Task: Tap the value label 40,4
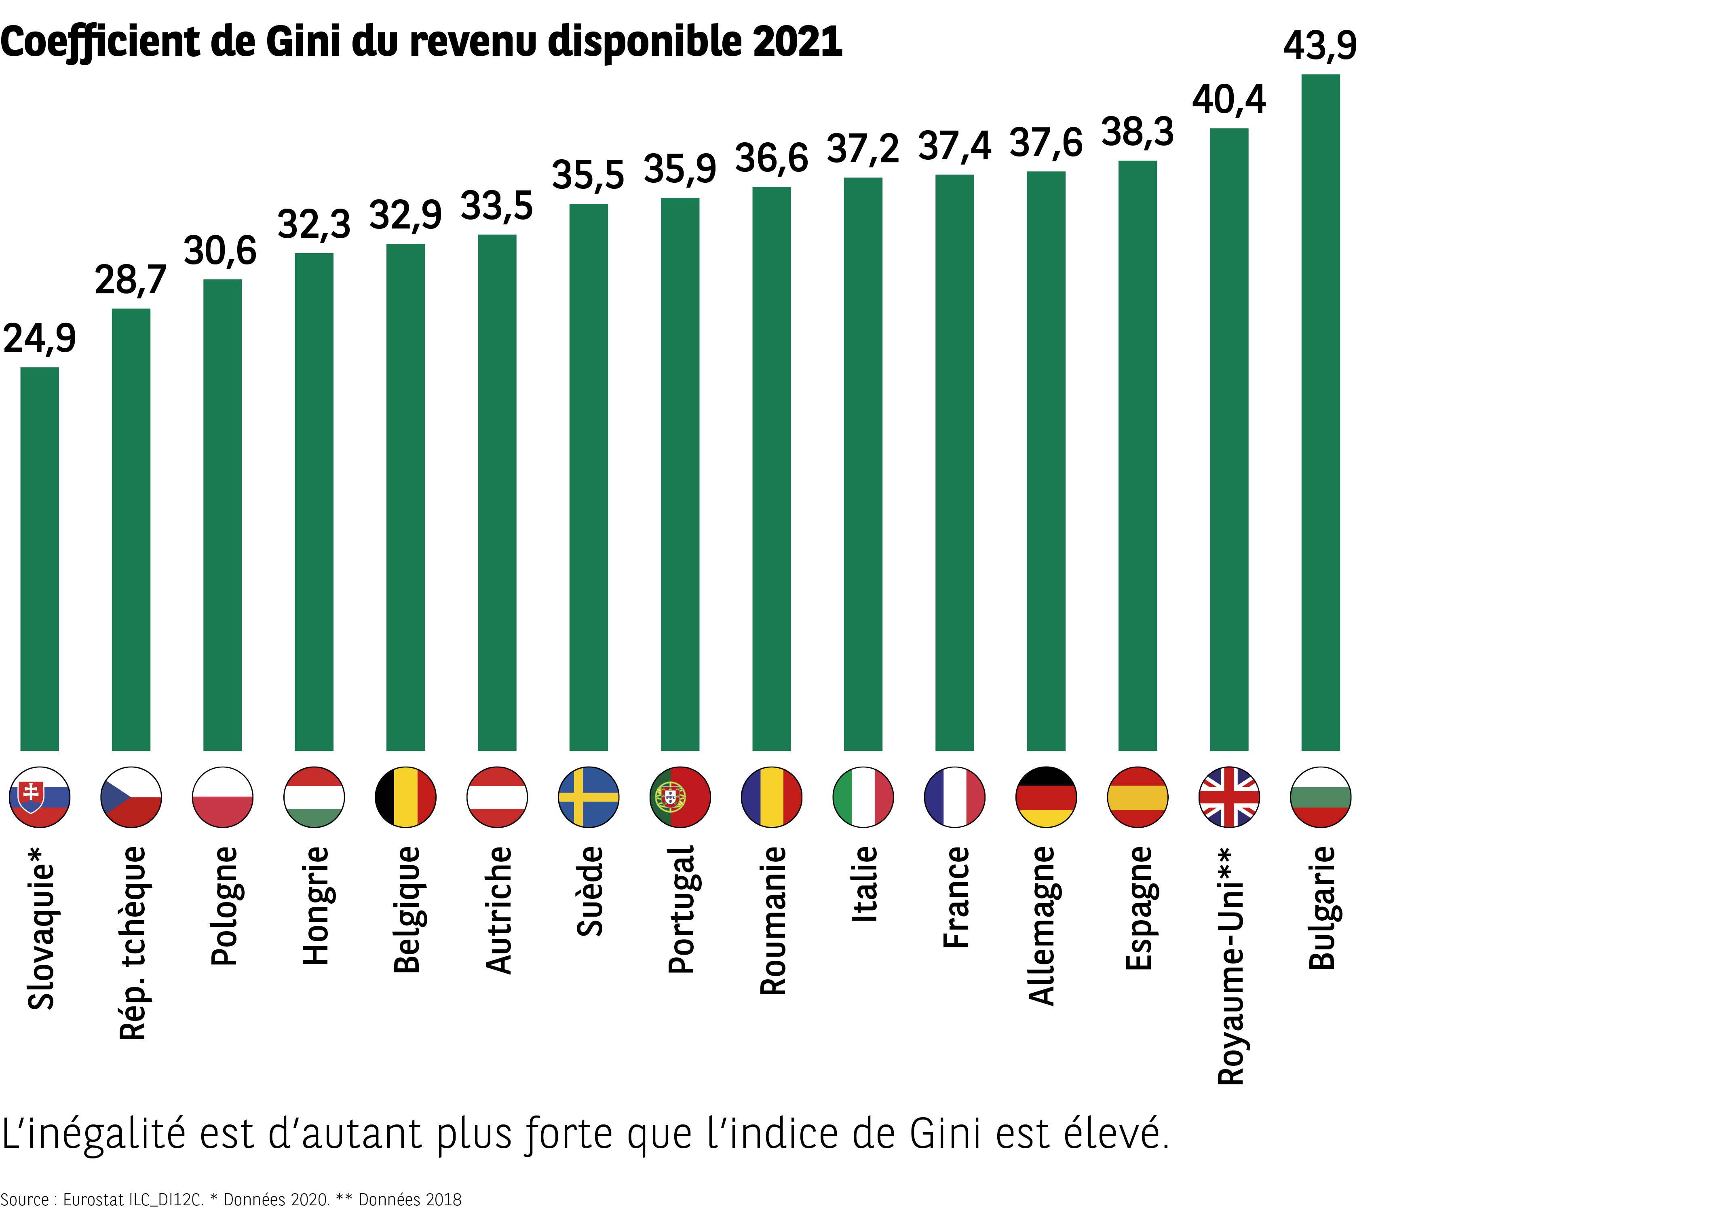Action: (1228, 99)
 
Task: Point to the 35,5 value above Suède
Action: (588, 175)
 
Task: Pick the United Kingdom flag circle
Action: (1228, 797)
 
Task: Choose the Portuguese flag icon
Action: (680, 797)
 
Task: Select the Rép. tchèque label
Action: (133, 943)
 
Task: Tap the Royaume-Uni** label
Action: (1231, 965)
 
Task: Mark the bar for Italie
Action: (863, 464)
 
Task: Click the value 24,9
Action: (40, 338)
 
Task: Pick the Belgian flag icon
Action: (405, 797)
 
